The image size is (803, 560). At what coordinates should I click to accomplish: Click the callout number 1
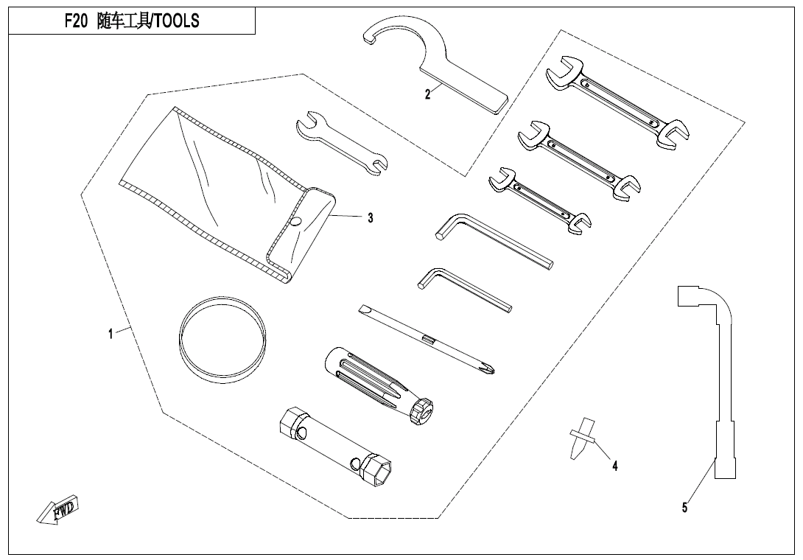[x=111, y=334]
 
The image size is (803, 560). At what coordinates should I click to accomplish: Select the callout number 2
[x=427, y=94]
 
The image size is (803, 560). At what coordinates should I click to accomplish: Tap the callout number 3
[x=371, y=218]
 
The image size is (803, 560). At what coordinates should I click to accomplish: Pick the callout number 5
[x=684, y=507]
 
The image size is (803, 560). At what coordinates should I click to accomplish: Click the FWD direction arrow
[x=58, y=509]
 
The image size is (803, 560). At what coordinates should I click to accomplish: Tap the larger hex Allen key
[x=494, y=242]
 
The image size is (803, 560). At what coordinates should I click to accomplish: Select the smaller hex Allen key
[x=465, y=290]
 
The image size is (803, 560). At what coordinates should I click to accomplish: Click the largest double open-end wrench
[x=617, y=102]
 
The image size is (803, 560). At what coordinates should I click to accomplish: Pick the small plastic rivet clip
[x=582, y=438]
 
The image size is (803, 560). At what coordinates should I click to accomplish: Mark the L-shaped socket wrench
[x=712, y=382]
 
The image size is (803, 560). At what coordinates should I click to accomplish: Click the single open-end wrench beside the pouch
[x=342, y=144]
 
